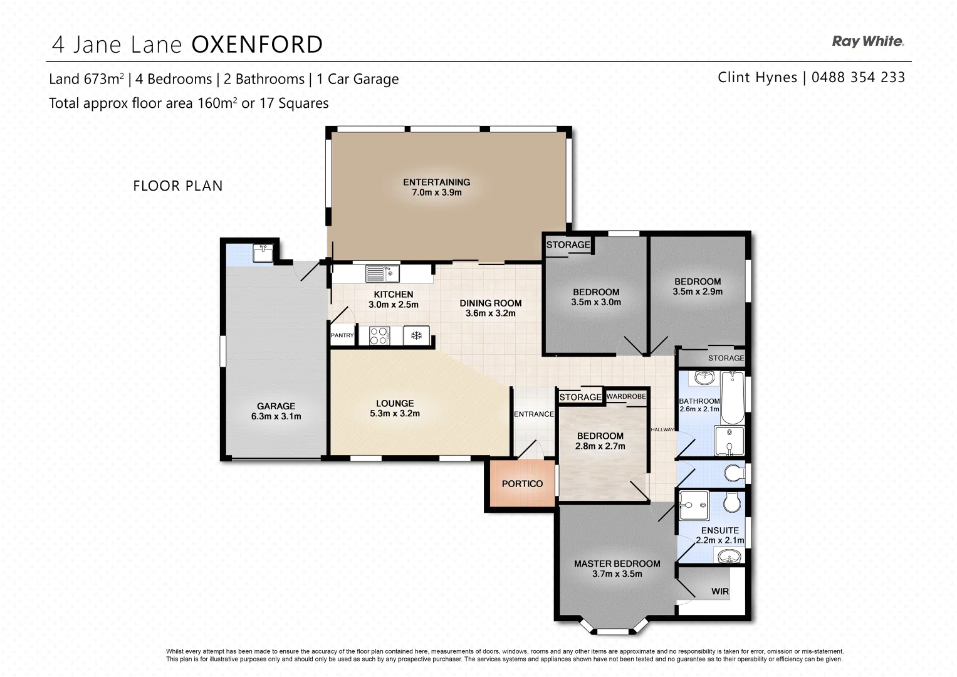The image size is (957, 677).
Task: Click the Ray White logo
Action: coord(867,41)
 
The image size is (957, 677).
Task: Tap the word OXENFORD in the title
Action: coord(257,45)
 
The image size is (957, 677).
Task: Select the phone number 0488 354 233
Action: coord(858,77)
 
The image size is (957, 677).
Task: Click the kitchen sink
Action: coord(382,273)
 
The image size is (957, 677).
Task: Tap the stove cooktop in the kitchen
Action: coord(379,336)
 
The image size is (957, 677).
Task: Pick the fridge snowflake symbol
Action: coord(416,336)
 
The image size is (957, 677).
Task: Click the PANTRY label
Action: coord(342,335)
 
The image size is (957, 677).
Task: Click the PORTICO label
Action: coord(522,483)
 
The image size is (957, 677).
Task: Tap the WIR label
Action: coord(719,591)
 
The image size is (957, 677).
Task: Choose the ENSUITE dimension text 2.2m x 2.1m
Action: coord(719,540)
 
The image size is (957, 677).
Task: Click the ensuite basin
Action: coord(728,556)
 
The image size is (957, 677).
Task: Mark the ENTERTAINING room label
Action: coord(436,182)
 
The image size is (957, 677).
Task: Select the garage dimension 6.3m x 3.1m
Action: coord(276,416)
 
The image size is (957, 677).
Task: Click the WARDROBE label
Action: coord(625,396)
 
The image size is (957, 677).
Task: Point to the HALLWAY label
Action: coord(662,429)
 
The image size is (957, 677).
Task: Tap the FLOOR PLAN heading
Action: coord(177,186)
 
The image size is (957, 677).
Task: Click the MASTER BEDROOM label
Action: coord(617,564)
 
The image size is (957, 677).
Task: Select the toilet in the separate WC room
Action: coord(732,472)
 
